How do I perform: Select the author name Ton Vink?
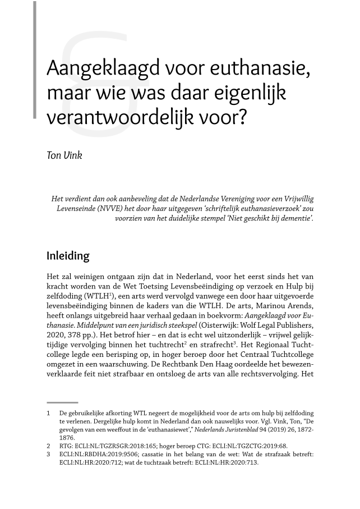coord(64,155)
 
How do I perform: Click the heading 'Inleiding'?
coord(68,256)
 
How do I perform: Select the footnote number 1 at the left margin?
coord(49,413)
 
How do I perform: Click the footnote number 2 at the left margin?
coord(49,447)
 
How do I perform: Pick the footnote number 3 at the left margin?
coord(49,455)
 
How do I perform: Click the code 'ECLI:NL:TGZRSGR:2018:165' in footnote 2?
coord(113,447)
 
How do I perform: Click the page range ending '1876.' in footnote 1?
coord(68,438)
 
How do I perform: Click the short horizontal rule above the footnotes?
coord(62,402)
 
